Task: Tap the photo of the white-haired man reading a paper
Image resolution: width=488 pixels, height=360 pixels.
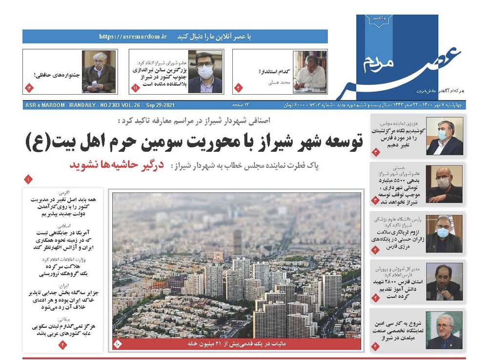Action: click(x=99, y=71)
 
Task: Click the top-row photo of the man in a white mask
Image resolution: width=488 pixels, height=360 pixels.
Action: click(x=205, y=72)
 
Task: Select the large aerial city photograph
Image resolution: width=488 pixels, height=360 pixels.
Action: click(x=237, y=266)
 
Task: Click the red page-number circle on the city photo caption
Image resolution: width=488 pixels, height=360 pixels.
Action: click(x=118, y=344)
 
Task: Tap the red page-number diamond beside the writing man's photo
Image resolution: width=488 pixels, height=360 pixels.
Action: click(x=239, y=87)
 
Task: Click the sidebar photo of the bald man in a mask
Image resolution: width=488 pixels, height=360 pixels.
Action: click(x=444, y=184)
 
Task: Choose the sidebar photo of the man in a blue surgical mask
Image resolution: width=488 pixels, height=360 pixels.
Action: click(x=444, y=136)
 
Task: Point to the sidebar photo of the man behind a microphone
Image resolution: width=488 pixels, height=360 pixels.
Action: click(x=444, y=282)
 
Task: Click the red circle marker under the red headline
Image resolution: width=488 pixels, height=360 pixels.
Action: click(x=28, y=180)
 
